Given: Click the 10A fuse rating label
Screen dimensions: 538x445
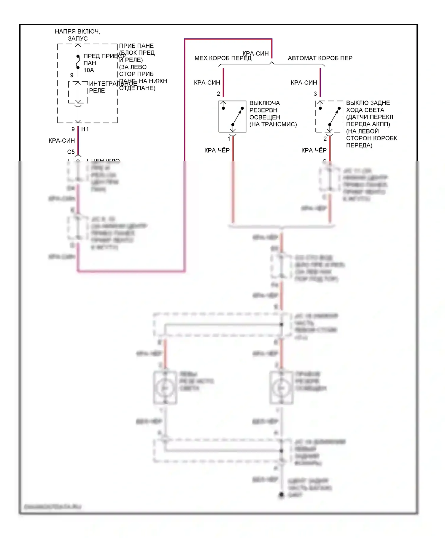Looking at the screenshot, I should point(89,70).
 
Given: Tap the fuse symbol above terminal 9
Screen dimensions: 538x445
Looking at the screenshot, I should point(78,62).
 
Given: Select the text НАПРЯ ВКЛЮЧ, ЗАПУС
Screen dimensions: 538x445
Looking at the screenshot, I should point(77,35).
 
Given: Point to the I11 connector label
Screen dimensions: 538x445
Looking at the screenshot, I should point(85,129).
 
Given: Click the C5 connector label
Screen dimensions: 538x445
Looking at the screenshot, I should point(71,152).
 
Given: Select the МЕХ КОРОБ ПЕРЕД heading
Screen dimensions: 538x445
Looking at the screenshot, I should point(223,58).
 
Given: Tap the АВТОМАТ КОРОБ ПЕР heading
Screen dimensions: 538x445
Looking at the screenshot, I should point(320,58).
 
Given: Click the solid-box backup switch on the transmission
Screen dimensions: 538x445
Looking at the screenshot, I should point(232,117).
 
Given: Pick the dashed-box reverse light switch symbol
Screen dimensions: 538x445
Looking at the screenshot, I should point(329,117).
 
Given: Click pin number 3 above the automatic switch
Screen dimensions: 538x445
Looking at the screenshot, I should point(315,94).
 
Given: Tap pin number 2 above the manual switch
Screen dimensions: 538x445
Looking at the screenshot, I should point(218,94).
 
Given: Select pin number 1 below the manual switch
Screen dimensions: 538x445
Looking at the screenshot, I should point(229,139).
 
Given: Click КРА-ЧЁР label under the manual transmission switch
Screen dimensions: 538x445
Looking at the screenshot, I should point(217,151).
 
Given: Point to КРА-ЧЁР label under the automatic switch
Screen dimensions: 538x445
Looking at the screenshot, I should point(314,151).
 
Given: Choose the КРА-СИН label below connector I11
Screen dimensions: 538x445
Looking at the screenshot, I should point(62,141).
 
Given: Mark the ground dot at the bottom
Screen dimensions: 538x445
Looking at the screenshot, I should point(281,495).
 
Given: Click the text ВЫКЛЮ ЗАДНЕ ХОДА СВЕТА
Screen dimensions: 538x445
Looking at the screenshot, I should point(368,106).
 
